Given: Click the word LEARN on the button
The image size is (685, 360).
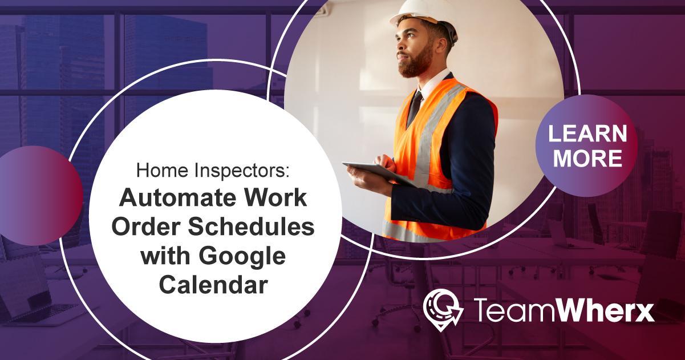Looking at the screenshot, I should click(587, 134).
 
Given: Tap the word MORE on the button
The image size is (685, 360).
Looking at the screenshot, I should click(587, 159).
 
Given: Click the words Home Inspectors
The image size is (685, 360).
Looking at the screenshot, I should click(213, 169).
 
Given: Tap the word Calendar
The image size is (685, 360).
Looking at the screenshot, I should click(213, 284).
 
